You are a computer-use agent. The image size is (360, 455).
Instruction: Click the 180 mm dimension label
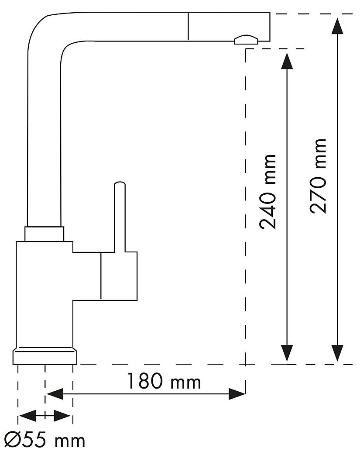164,382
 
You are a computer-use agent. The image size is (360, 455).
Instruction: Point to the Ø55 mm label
44,440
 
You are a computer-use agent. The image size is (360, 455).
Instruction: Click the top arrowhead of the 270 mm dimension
337,26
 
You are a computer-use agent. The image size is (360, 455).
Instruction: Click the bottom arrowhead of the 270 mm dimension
337,353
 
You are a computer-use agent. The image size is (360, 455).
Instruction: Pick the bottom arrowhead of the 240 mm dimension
286,353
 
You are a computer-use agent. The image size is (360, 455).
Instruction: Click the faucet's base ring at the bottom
45,356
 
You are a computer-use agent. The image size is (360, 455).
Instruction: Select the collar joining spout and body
45,234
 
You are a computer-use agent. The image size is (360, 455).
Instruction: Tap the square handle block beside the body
119,276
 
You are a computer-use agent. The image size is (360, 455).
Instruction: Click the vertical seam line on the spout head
188,26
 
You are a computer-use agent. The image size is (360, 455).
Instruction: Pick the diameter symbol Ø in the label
12,440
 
